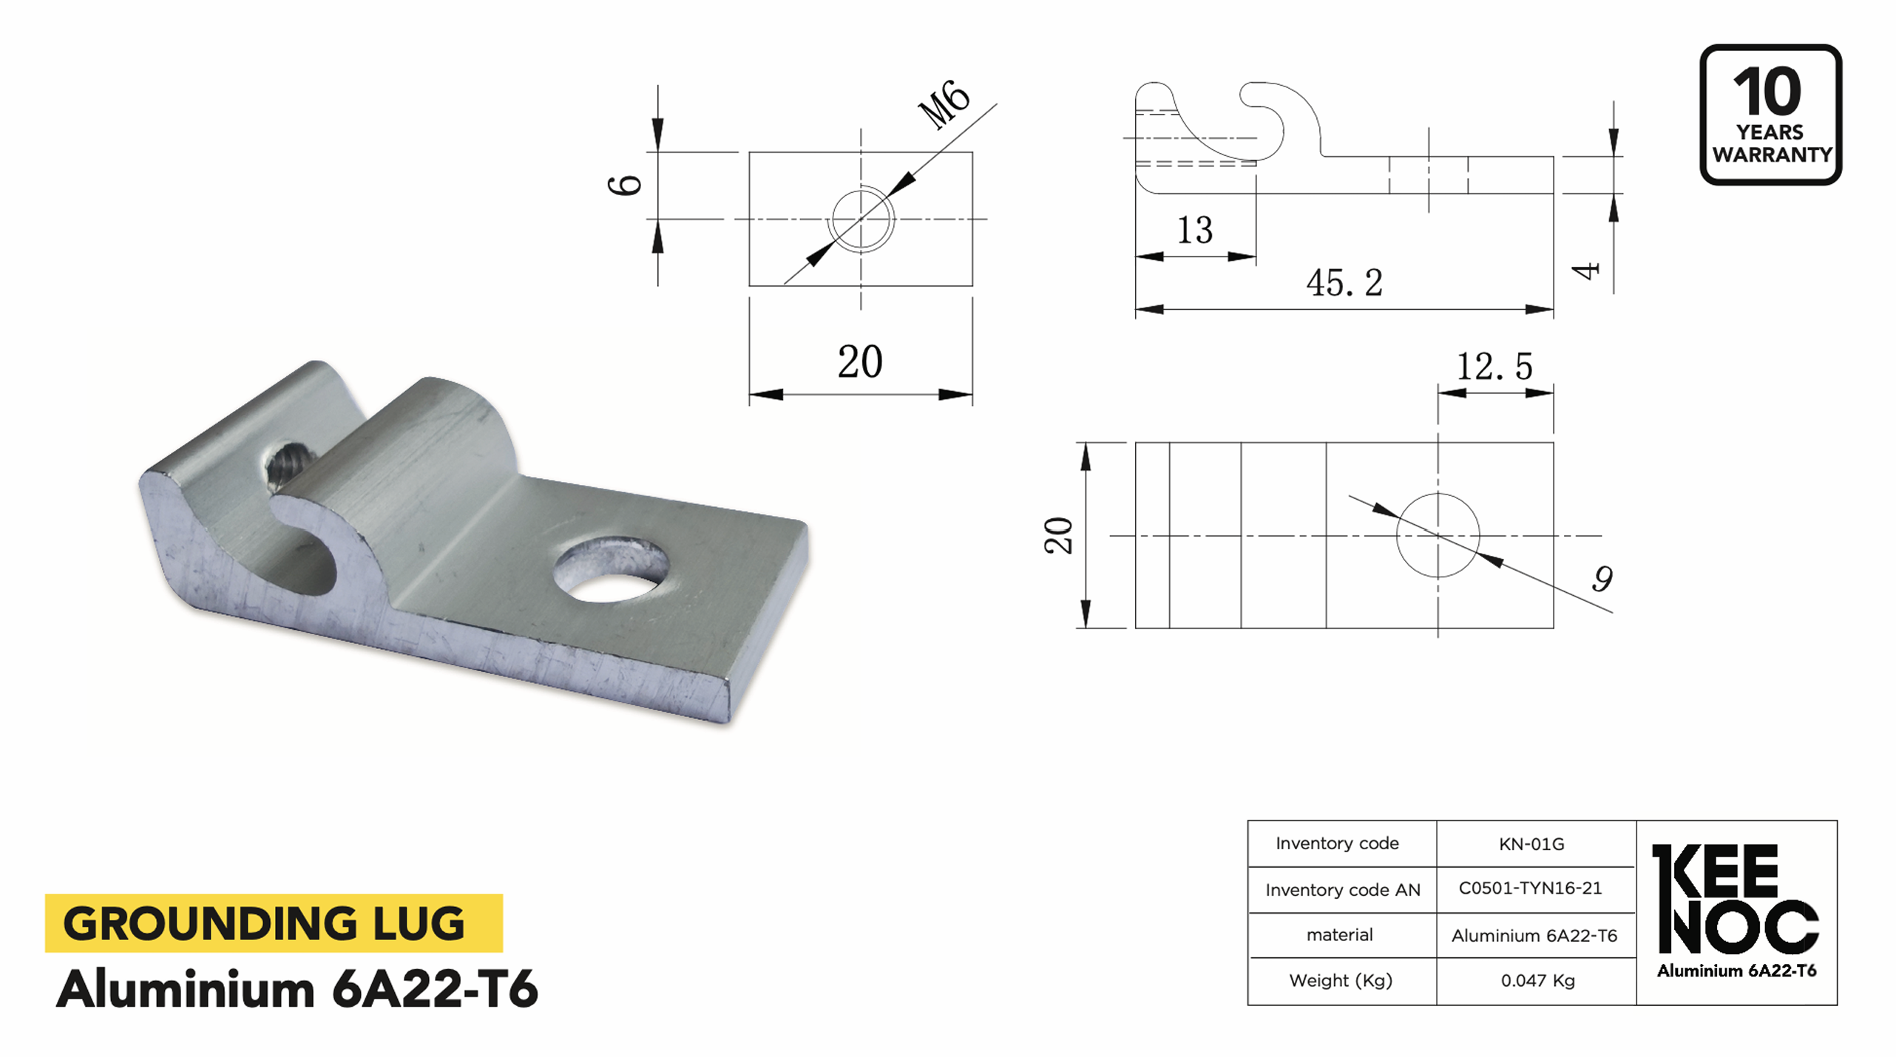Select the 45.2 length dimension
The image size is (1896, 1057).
pyautogui.click(x=1344, y=283)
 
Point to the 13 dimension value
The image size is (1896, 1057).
pyautogui.click(x=1194, y=230)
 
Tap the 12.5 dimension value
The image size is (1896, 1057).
pyautogui.click(x=1494, y=367)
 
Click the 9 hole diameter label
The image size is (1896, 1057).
pyautogui.click(x=1602, y=579)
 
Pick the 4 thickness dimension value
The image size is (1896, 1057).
pyautogui.click(x=1585, y=271)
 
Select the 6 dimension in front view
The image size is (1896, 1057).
pyautogui.click(x=625, y=185)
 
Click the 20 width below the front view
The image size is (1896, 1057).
pyautogui.click(x=859, y=362)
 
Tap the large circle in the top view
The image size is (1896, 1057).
pyautogui.click(x=1438, y=535)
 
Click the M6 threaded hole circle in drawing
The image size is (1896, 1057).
pyautogui.click(x=861, y=220)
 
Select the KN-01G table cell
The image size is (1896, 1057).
pyautogui.click(x=1531, y=844)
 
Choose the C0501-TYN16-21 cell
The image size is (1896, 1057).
pyautogui.click(x=1530, y=888)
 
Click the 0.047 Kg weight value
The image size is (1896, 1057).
pyautogui.click(x=1537, y=981)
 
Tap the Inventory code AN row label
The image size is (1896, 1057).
pyautogui.click(x=1342, y=890)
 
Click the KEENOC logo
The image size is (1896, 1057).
pyautogui.click(x=1735, y=902)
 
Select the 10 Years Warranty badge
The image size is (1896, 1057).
pyautogui.click(x=1770, y=115)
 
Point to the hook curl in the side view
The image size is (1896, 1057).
pyautogui.click(x=1276, y=118)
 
